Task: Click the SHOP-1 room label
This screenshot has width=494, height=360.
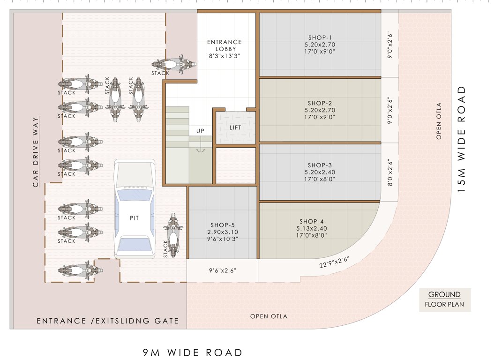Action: click(x=320, y=37)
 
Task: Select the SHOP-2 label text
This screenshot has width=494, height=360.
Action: click(x=320, y=103)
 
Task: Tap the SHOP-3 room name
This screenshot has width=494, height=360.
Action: click(x=320, y=165)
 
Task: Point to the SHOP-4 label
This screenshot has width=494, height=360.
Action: click(x=312, y=221)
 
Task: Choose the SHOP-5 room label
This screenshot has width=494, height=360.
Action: click(x=223, y=225)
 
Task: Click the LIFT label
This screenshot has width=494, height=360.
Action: click(x=235, y=127)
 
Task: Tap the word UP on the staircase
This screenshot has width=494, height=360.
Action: click(x=200, y=131)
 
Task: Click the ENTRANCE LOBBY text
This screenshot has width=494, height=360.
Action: click(x=225, y=45)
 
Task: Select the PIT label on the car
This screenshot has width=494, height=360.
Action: click(x=135, y=218)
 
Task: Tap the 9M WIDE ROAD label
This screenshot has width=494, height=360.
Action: click(x=193, y=352)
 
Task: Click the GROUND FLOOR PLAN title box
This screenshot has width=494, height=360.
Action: click(x=444, y=300)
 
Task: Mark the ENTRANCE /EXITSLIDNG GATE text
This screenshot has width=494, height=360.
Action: click(x=108, y=321)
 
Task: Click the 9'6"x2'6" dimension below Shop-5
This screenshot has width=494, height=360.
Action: click(x=222, y=270)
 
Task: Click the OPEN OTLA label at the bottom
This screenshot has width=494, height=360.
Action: click(x=269, y=316)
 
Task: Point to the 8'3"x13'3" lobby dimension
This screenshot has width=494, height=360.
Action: click(x=225, y=56)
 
